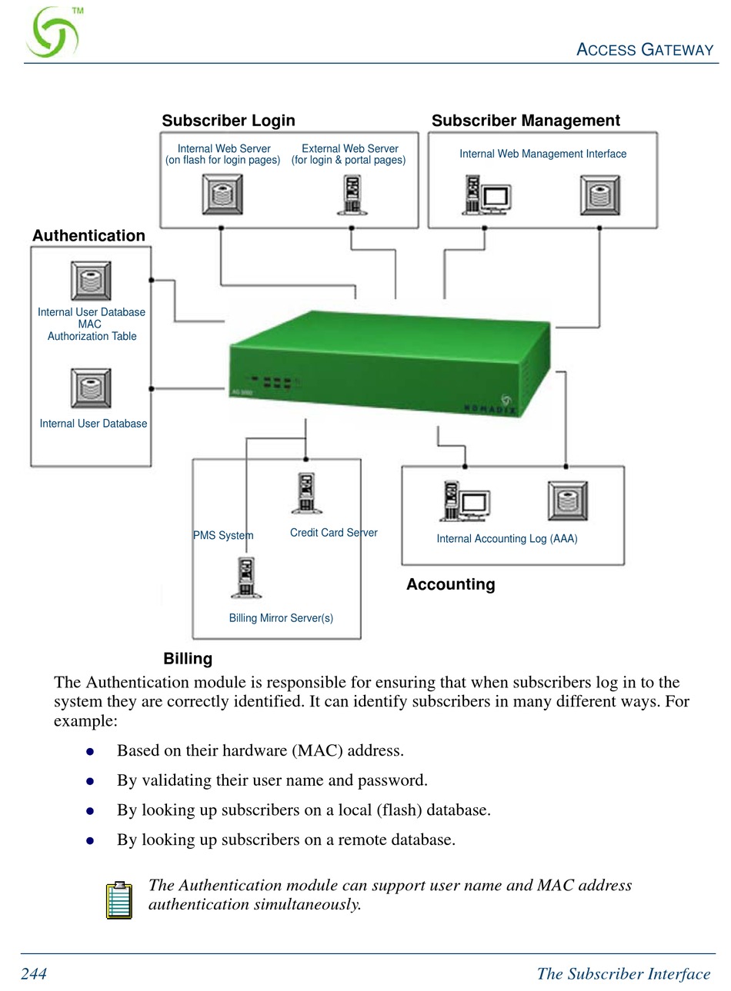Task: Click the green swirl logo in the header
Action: tap(52, 34)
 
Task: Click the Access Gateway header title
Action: tap(645, 50)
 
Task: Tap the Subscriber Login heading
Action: tap(229, 121)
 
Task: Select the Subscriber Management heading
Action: tap(526, 121)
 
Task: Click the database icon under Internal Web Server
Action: tap(222, 195)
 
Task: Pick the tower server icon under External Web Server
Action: tap(350, 195)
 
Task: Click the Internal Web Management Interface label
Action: tap(542, 154)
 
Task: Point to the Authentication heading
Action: tap(88, 236)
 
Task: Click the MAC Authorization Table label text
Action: tap(92, 331)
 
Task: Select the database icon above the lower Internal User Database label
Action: tap(91, 388)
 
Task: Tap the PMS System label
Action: tap(223, 536)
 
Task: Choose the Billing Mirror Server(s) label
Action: tap(281, 618)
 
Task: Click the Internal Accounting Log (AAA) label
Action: tap(506, 539)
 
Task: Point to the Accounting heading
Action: tap(450, 584)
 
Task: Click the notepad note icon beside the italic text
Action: tap(119, 900)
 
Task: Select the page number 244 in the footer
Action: tap(34, 974)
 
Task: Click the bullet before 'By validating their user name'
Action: tap(90, 781)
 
